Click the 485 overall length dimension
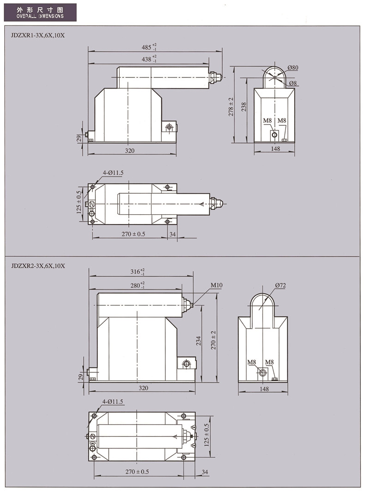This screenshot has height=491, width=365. tap(149, 47)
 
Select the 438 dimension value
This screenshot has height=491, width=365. tap(149, 59)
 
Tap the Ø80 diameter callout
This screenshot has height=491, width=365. tap(293, 68)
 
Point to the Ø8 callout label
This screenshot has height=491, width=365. tap(292, 83)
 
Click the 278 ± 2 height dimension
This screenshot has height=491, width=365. tap(231, 107)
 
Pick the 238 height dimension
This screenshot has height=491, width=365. tap(244, 107)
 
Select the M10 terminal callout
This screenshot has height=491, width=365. tap(216, 285)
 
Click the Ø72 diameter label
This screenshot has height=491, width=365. tap(280, 285)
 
